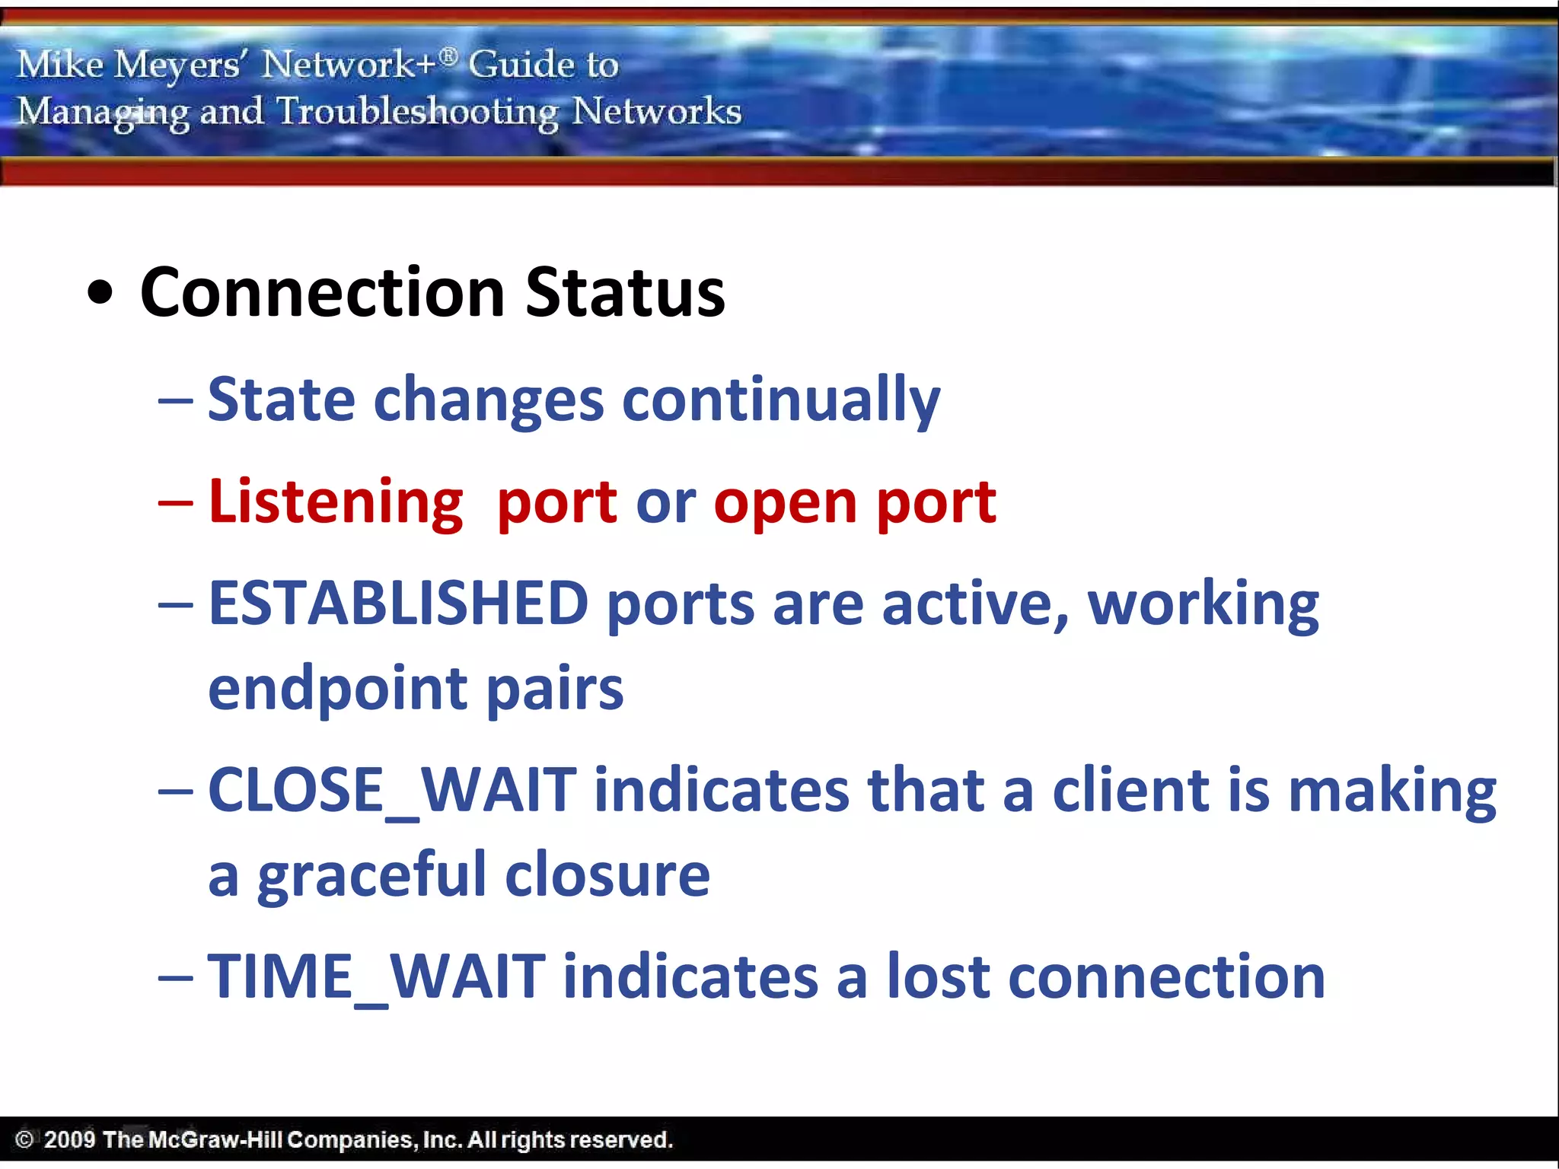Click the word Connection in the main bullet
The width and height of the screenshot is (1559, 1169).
click(x=323, y=293)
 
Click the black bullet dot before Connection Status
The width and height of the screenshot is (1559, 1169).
click(x=100, y=294)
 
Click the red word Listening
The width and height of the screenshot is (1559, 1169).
click(x=336, y=503)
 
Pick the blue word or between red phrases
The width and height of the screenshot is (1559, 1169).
click(x=665, y=505)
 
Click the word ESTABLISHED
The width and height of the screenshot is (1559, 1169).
click(x=398, y=604)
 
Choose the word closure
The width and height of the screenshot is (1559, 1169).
click(x=607, y=875)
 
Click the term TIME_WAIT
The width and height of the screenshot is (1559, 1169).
click(x=376, y=977)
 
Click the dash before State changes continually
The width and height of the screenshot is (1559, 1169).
click(x=175, y=401)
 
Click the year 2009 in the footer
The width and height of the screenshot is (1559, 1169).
click(x=69, y=1139)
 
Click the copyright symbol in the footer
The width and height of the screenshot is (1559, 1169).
click(x=24, y=1139)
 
